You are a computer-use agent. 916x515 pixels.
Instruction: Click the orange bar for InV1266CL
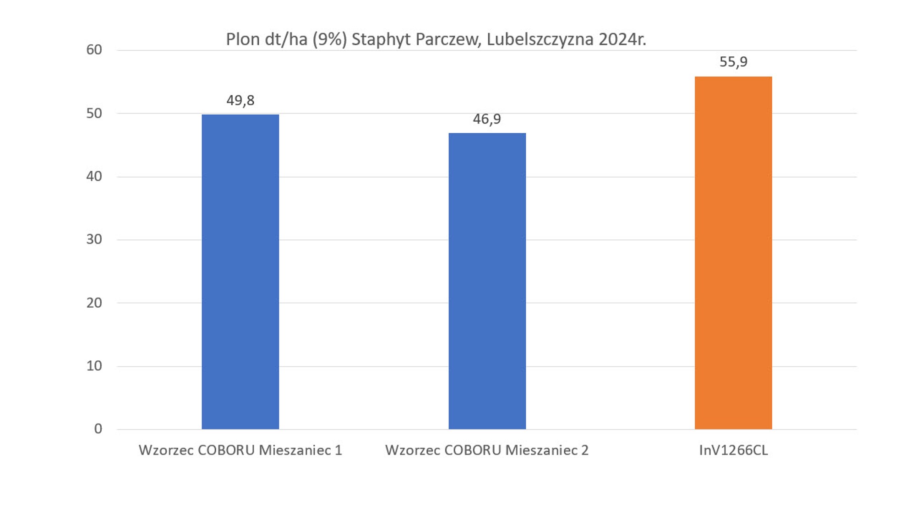click(x=733, y=253)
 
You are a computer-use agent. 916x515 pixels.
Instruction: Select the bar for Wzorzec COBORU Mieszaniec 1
click(x=240, y=271)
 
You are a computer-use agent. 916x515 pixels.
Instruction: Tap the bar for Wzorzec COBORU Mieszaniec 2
click(x=487, y=281)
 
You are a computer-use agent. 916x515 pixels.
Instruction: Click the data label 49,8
click(x=240, y=100)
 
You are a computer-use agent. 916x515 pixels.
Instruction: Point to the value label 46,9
click(x=487, y=119)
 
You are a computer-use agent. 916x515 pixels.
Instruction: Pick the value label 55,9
click(x=733, y=62)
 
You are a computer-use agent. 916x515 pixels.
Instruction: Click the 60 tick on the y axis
click(x=94, y=50)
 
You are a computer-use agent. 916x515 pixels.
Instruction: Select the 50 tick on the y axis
click(x=94, y=114)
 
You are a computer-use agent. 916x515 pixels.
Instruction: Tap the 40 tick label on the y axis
click(x=94, y=176)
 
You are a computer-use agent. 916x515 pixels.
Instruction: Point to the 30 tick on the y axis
click(x=94, y=239)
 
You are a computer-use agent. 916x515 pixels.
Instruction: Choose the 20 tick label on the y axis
click(x=94, y=303)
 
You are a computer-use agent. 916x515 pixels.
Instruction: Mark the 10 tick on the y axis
click(x=94, y=366)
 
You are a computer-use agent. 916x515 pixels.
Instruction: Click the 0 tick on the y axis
click(x=98, y=429)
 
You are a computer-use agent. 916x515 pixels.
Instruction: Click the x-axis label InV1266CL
click(x=733, y=450)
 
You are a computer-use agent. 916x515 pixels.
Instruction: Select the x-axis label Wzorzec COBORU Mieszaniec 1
click(x=240, y=450)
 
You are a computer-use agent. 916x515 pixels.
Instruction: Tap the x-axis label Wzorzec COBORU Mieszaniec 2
click(x=487, y=450)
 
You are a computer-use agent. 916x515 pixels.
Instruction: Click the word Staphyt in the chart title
click(x=381, y=40)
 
